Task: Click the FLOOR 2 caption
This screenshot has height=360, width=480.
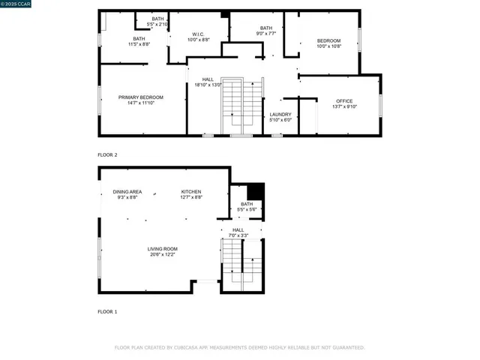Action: coord(107,154)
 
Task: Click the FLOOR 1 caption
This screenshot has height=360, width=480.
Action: coord(107,310)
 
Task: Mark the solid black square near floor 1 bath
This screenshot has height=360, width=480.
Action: coord(256,190)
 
